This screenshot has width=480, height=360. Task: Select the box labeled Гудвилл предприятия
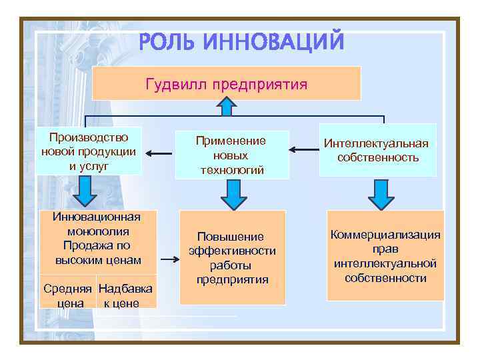[227, 84]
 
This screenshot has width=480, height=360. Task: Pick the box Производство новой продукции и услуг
[89, 151]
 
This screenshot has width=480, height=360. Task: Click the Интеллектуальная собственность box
[377, 151]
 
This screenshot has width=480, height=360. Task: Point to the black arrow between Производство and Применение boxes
[159, 154]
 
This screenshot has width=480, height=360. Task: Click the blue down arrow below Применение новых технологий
[233, 194]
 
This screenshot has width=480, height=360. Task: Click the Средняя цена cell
[69, 296]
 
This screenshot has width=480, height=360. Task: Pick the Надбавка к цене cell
[126, 296]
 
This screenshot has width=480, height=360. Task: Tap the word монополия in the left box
[98, 231]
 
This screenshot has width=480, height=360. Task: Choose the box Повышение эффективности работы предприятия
[231, 257]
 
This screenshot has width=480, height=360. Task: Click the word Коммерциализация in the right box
[386, 235]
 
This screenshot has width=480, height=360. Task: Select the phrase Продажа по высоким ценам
[98, 253]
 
